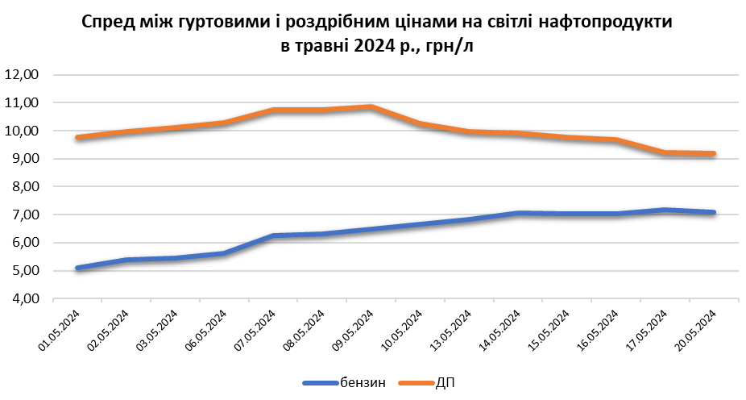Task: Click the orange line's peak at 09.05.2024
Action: pos(371,106)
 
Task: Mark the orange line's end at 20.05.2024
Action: pos(713,154)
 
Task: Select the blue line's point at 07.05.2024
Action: pos(273,236)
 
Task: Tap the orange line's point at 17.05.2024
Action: pos(664,152)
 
